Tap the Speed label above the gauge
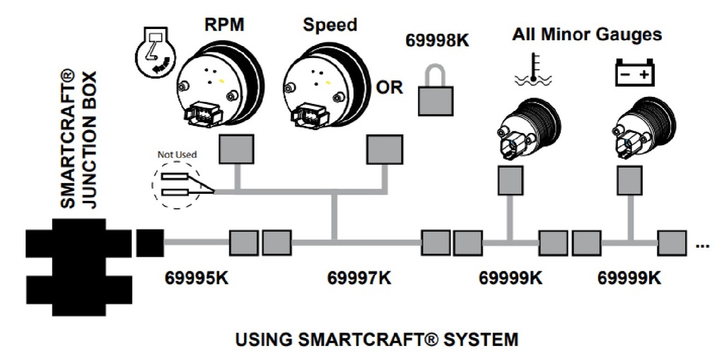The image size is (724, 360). coord(329,25)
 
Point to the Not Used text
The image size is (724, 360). coord(175,153)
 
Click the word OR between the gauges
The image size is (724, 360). coord(390,88)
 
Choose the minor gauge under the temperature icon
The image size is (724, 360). coord(527,128)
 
